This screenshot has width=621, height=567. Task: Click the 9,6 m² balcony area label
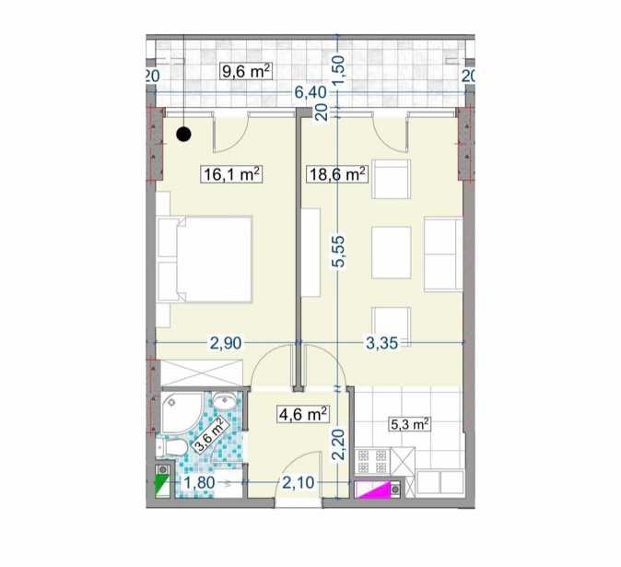(x=246, y=72)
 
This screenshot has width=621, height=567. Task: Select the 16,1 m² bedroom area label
(x=232, y=174)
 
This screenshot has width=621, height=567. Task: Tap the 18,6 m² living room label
(x=337, y=174)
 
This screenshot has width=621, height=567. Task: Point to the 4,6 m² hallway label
(x=303, y=415)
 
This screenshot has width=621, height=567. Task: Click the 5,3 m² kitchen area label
(x=410, y=425)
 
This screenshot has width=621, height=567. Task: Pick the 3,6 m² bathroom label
(x=211, y=434)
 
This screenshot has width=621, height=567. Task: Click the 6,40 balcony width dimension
(x=310, y=93)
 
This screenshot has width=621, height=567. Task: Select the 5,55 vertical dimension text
(x=339, y=253)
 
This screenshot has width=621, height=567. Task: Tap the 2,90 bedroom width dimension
(x=226, y=343)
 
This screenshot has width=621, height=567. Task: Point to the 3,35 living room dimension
(x=381, y=343)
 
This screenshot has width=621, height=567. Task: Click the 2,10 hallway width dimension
(x=299, y=482)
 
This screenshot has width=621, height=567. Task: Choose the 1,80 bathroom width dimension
(x=199, y=482)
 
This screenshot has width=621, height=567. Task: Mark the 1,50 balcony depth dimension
(x=339, y=66)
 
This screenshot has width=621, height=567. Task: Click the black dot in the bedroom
(x=183, y=135)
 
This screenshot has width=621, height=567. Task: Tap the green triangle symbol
(x=162, y=487)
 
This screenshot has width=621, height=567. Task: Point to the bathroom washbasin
(x=225, y=400)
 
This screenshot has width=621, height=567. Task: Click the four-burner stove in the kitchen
(x=371, y=461)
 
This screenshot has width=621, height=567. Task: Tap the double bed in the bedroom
(x=205, y=259)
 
